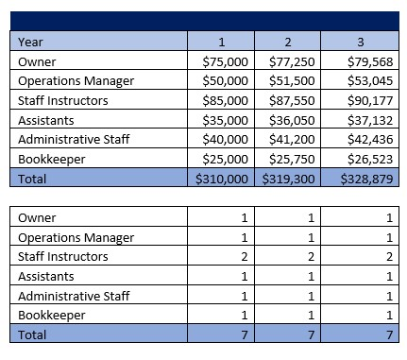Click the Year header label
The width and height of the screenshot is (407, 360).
[x=32, y=42]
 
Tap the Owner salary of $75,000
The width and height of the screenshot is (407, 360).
[x=225, y=61]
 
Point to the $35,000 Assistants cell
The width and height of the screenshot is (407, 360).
[x=225, y=120]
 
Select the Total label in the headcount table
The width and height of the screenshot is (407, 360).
[x=34, y=334]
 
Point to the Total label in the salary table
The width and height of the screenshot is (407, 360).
[x=34, y=179]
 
